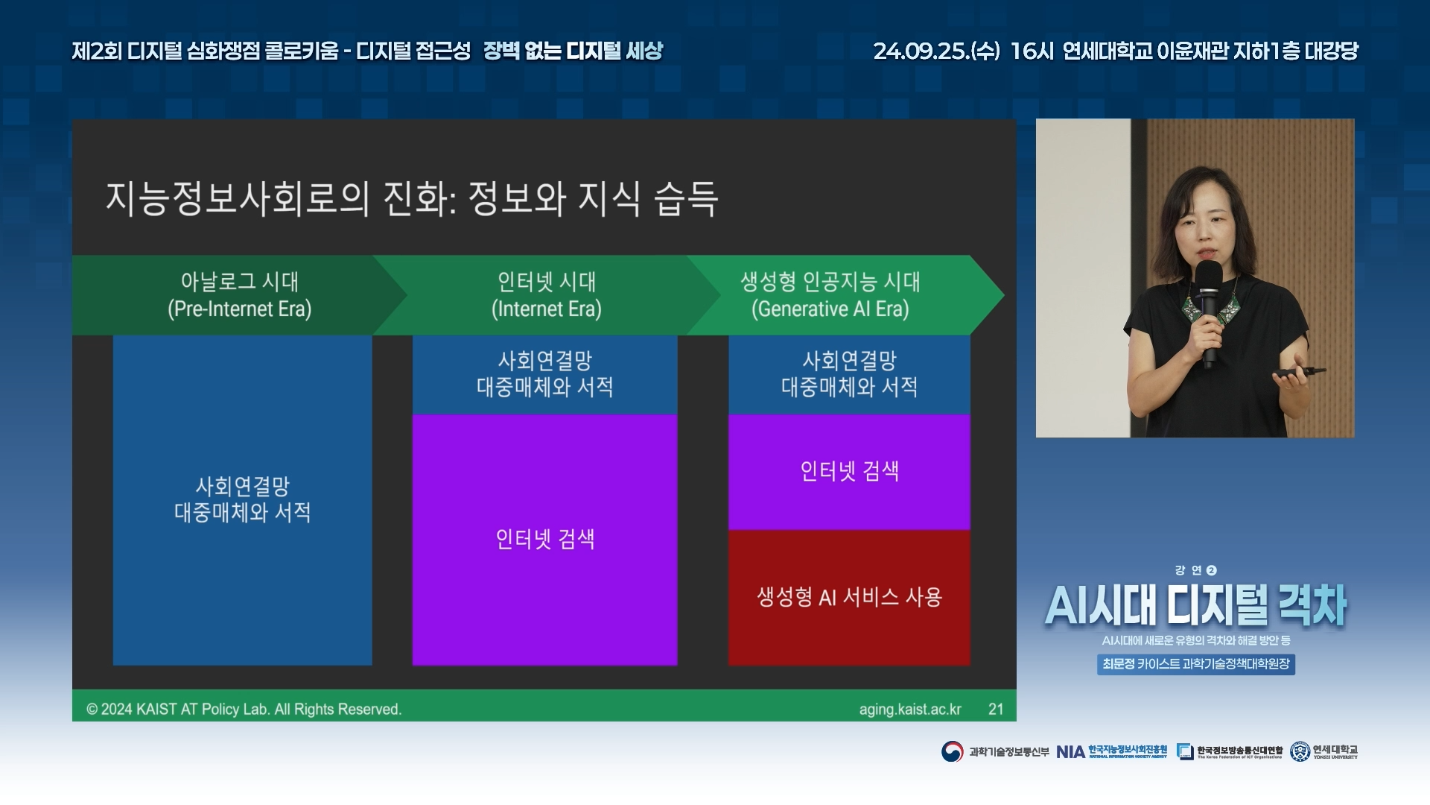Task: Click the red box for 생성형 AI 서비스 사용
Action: click(849, 597)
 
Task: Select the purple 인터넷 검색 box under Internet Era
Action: click(544, 540)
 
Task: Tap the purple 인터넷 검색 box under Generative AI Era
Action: click(849, 472)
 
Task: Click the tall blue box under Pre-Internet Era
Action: click(242, 499)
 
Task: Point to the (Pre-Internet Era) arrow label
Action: click(240, 309)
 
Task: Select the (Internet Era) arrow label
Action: click(547, 309)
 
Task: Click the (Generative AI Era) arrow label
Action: click(830, 309)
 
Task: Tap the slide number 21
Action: click(996, 709)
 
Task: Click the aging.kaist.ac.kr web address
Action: click(910, 710)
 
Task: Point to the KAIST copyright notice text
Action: click(244, 710)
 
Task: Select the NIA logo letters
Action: click(1070, 752)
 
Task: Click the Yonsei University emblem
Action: click(1300, 751)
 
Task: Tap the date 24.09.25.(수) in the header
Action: click(936, 51)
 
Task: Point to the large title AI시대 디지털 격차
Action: click(1196, 604)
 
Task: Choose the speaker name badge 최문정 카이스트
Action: click(1196, 664)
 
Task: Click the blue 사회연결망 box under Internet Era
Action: click(544, 374)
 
